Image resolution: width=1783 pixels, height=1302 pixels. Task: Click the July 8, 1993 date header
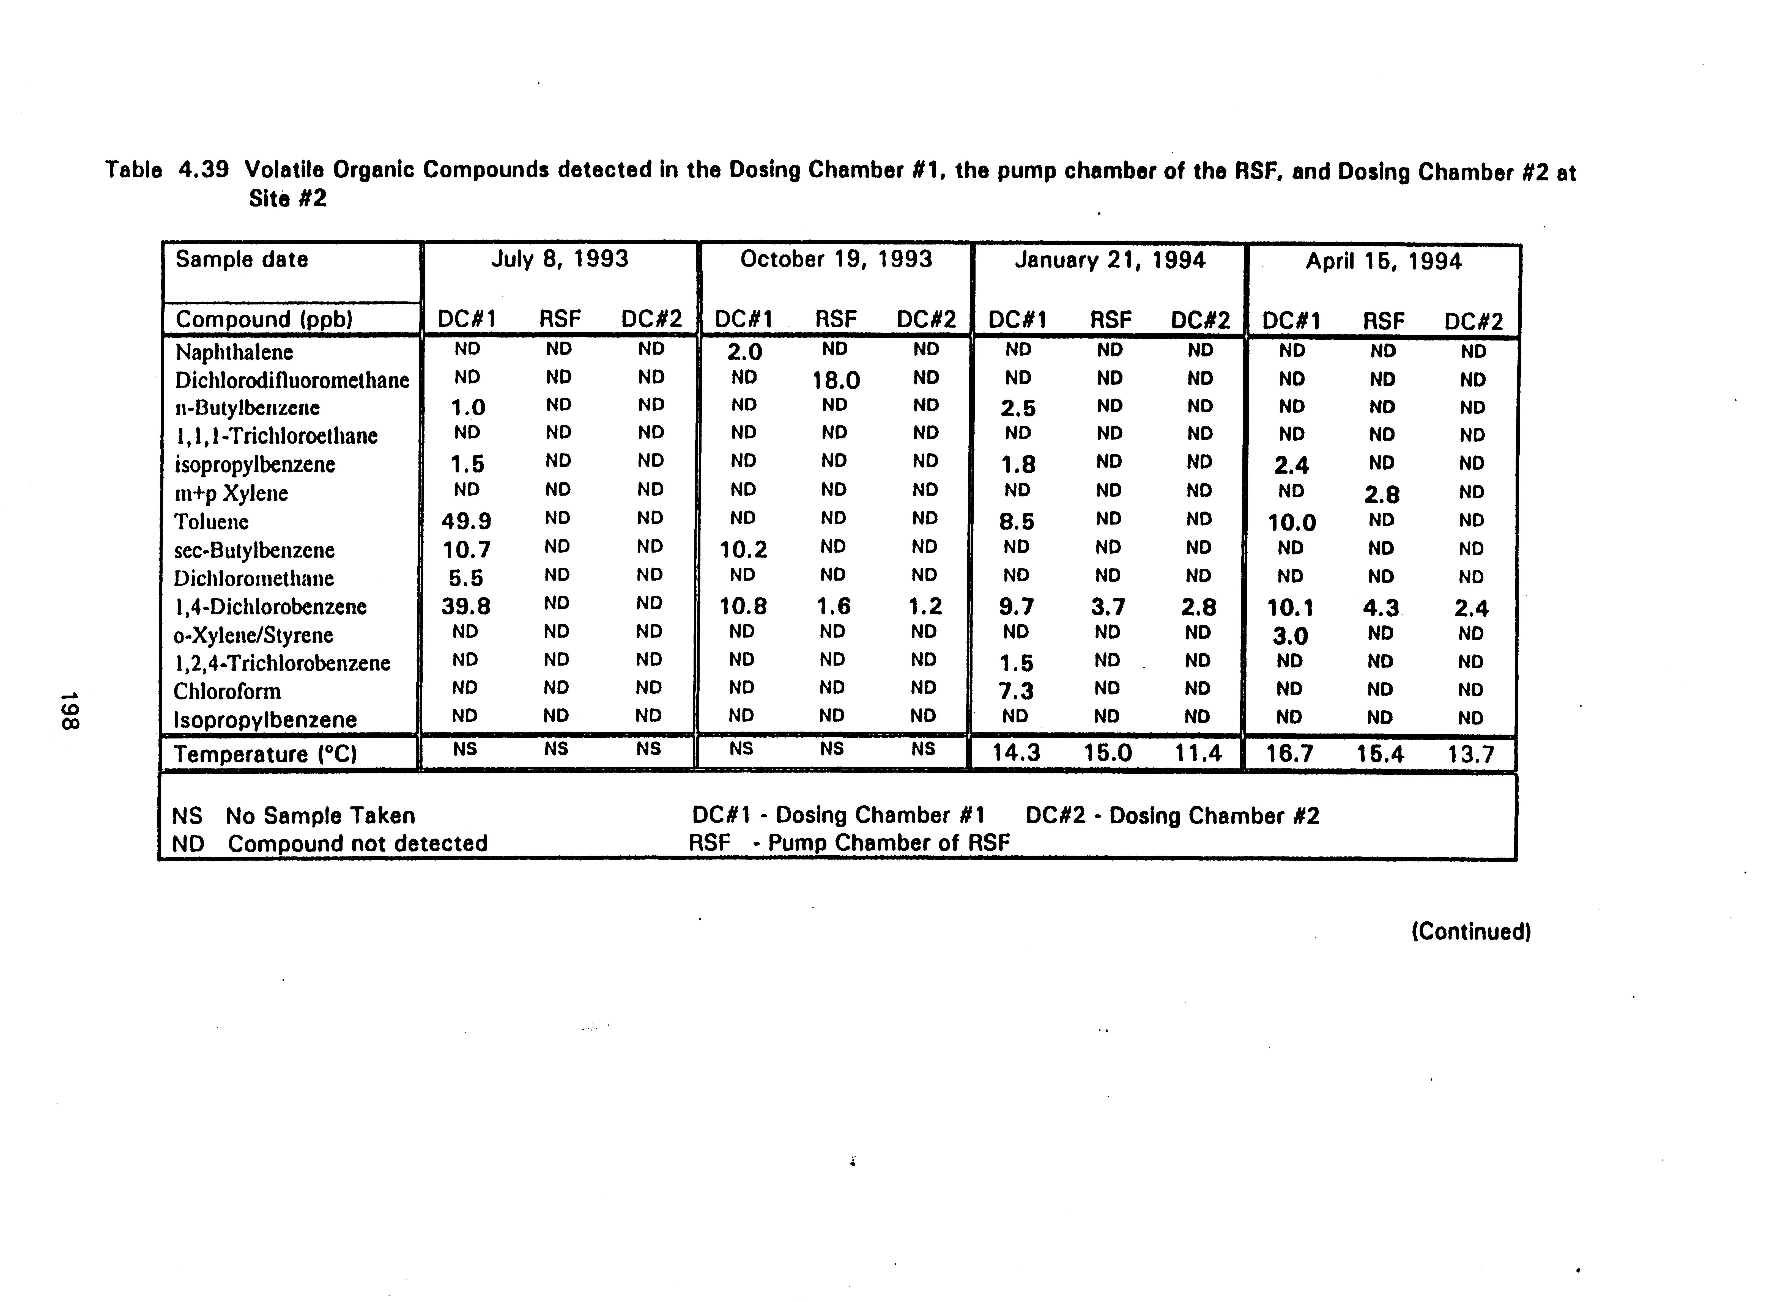(560, 259)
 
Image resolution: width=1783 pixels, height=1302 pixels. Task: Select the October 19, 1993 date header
(836, 259)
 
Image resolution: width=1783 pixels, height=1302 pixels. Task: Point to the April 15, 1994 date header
(1383, 262)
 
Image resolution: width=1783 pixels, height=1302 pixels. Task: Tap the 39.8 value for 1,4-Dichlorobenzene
(467, 606)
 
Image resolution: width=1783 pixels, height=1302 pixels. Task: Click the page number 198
(69, 711)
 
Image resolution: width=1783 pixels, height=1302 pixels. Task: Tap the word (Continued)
(1471, 932)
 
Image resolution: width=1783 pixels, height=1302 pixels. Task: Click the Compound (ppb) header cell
(263, 319)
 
